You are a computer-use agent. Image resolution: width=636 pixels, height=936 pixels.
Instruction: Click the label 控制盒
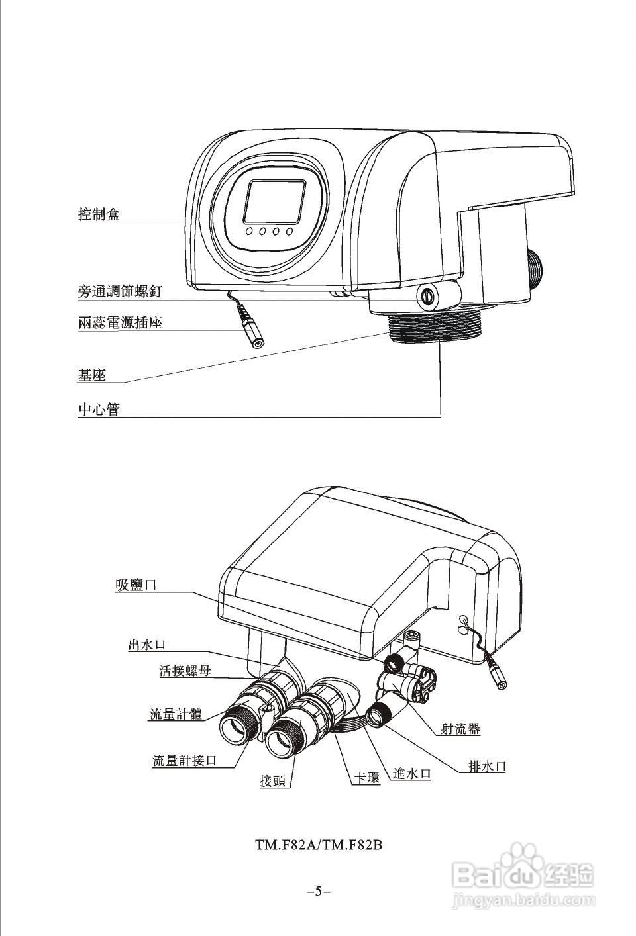99,214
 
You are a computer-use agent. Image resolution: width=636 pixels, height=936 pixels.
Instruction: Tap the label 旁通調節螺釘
120,291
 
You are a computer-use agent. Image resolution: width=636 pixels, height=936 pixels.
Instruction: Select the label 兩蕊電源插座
120,323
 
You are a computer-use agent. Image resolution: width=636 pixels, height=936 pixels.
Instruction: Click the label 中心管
99,409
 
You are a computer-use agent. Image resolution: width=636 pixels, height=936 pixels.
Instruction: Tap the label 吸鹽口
136,585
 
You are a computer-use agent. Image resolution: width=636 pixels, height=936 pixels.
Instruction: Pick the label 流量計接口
184,760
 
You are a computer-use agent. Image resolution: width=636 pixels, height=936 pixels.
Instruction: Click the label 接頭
273,781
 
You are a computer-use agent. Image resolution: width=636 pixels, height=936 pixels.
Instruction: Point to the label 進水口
411,772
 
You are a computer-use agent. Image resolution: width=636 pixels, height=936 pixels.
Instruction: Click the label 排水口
487,766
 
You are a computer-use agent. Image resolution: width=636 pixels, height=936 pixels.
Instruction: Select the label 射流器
460,729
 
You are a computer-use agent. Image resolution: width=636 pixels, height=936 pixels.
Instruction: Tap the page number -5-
319,890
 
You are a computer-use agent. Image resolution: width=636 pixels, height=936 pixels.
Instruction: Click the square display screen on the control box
274,201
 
